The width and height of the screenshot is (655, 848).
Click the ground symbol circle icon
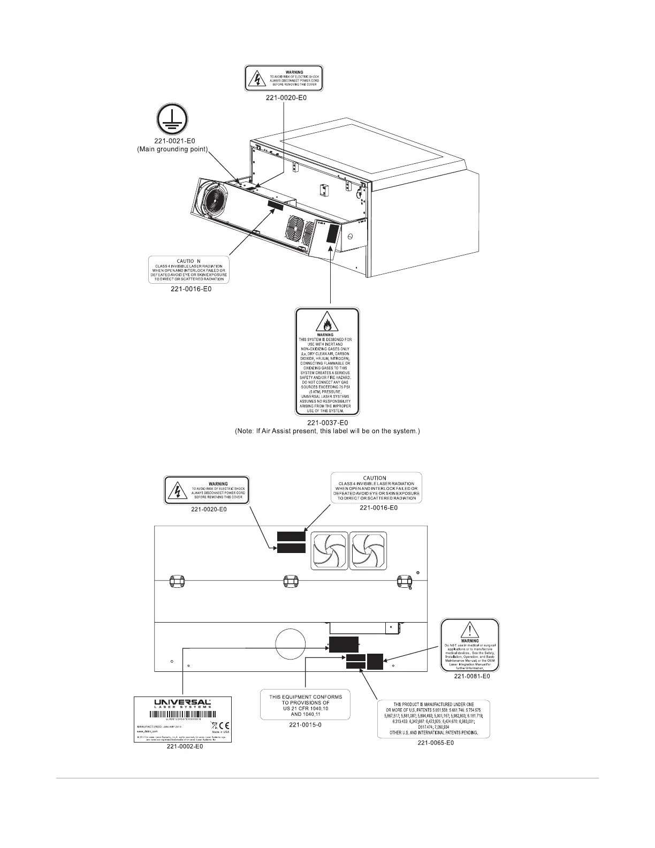coord(172,120)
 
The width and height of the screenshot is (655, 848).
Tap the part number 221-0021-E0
coord(171,142)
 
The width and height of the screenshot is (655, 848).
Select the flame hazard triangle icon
coord(326,323)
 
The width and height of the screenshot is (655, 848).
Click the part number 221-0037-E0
coord(327,423)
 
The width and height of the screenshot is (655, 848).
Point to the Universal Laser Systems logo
coord(182,703)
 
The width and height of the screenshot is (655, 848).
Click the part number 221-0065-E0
coord(435,743)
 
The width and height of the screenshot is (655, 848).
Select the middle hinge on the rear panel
coord(290,580)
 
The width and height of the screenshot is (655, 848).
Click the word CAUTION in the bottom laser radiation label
coord(375,478)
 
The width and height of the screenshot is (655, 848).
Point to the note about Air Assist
coord(327,431)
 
